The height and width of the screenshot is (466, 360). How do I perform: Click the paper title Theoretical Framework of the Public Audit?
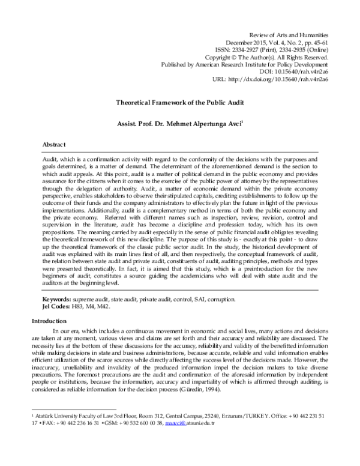point(180,103)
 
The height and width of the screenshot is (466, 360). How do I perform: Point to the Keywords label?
point(56,298)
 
